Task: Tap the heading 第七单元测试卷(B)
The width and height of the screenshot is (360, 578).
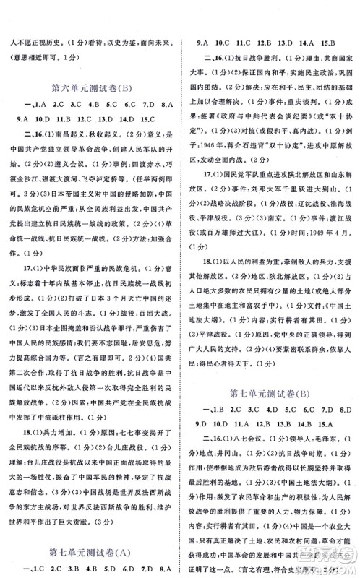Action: (270, 394)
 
